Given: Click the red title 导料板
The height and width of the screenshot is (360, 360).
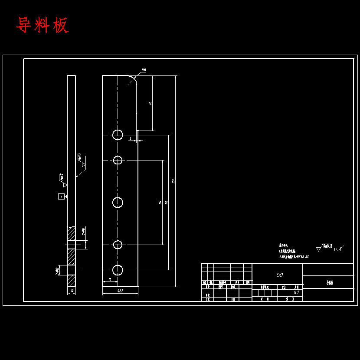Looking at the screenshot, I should click(x=42, y=26).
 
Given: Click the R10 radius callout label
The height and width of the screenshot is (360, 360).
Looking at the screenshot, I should click(x=144, y=70).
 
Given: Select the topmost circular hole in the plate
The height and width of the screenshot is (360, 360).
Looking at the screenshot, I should click(x=118, y=135).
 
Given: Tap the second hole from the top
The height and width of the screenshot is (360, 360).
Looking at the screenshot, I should click(x=118, y=160).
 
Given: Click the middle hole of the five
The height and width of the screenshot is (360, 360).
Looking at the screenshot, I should click(x=118, y=202).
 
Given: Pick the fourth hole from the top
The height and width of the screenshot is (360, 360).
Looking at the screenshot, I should click(x=118, y=245).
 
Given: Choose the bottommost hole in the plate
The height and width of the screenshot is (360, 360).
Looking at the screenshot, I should click(x=118, y=270).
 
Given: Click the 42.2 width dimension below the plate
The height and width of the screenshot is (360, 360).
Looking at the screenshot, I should click(x=120, y=291).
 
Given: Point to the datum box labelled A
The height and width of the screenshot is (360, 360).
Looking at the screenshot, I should click(x=61, y=196).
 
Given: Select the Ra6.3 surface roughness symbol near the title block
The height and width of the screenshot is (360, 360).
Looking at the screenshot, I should click(x=325, y=247).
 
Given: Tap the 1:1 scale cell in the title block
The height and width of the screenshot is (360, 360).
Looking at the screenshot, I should click(x=297, y=292).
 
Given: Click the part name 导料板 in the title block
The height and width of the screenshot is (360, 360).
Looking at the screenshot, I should click(x=331, y=282).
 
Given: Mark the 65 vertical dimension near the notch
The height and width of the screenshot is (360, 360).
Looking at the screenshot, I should click(x=150, y=103).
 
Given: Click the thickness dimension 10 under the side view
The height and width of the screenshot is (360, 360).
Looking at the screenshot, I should click(x=72, y=291).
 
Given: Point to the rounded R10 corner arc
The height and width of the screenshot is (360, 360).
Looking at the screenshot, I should click(x=132, y=79).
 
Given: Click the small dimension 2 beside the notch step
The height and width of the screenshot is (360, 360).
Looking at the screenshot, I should click(x=130, y=138).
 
